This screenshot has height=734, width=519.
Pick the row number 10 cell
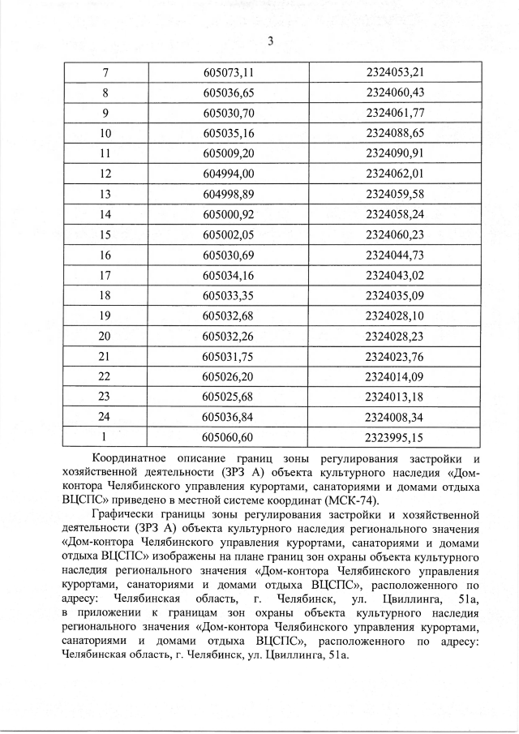coord(105,132)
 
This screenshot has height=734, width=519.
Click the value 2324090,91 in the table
coord(395,152)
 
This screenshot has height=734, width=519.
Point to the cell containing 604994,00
coord(229,173)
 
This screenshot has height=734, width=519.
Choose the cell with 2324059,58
coord(395,193)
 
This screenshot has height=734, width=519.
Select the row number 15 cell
coord(105,234)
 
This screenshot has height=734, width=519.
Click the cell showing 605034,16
coord(229,274)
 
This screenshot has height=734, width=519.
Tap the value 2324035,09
coord(395,294)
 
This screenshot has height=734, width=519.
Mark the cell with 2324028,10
coord(395,315)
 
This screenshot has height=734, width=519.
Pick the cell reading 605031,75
coord(229,355)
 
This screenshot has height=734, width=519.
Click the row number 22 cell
coord(105,376)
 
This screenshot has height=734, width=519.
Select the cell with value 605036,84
coord(229,417)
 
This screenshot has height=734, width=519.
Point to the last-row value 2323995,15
coord(395,437)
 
